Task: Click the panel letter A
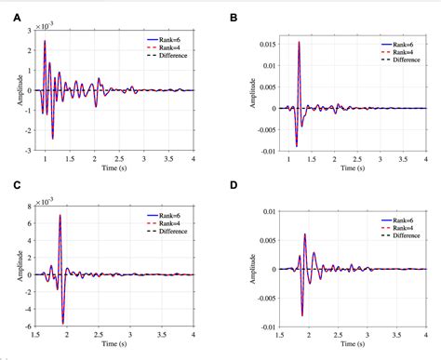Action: coord(7,7)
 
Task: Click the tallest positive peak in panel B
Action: coord(299,43)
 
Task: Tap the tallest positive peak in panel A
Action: coord(45,42)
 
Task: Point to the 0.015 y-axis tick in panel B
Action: coord(264,43)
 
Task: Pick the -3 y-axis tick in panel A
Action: coord(31,150)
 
